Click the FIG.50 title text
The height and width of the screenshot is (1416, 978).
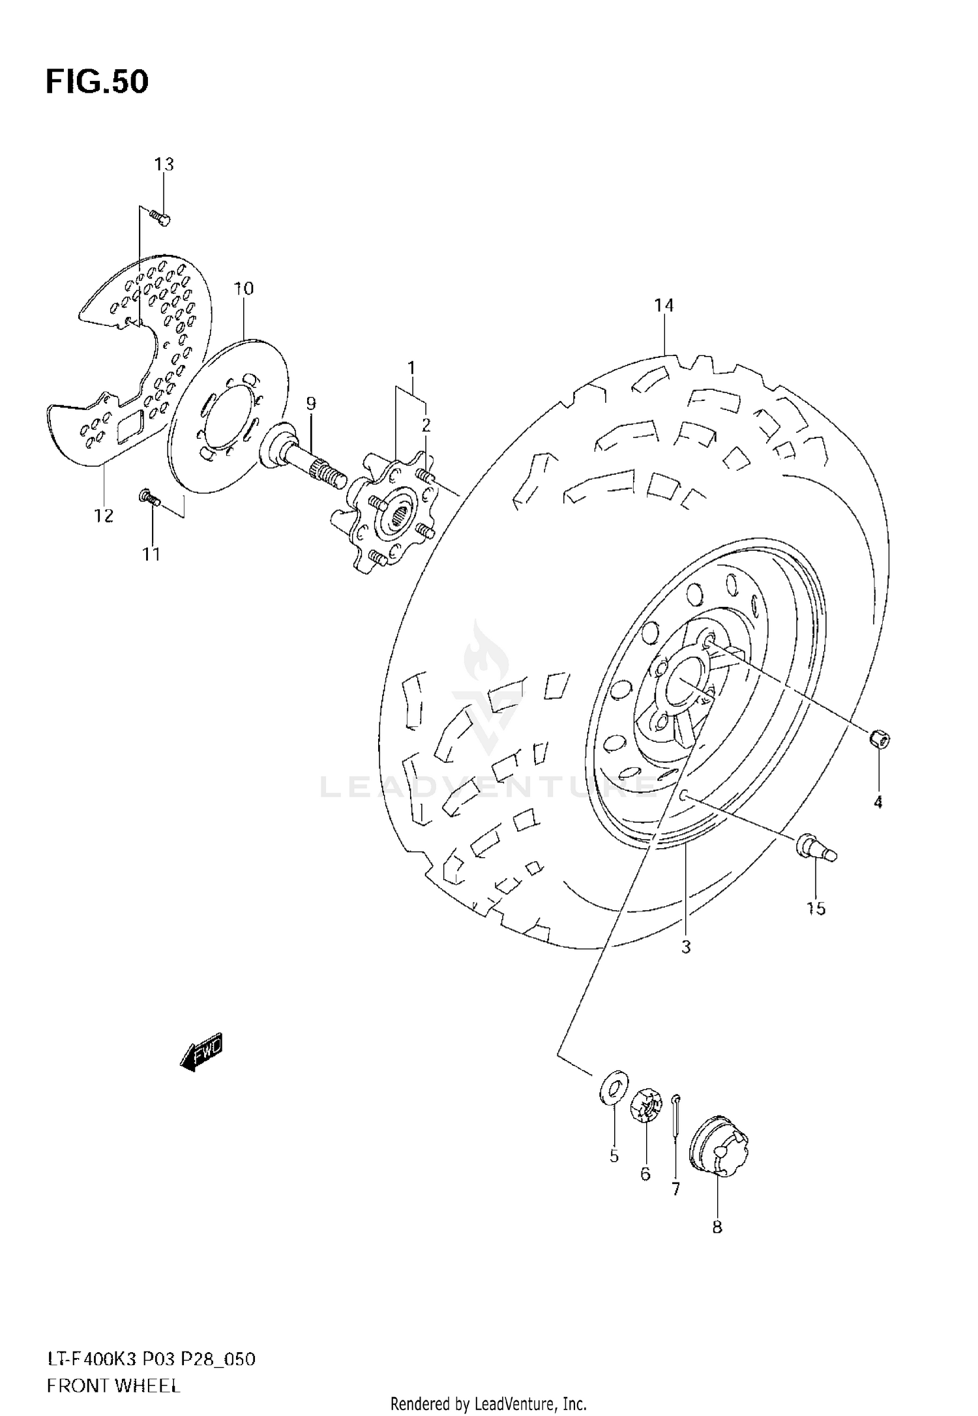97,82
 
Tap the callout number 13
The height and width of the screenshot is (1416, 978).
164,164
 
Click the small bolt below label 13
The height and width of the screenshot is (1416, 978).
160,217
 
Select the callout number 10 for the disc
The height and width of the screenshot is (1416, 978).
244,288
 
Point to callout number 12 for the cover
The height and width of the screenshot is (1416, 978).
104,516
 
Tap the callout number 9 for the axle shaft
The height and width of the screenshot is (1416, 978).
311,404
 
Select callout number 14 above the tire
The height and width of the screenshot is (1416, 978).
664,305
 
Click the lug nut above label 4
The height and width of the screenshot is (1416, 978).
880,739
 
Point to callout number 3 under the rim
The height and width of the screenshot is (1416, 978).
686,947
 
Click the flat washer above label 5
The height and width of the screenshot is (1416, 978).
614,1085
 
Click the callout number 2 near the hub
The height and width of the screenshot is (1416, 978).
426,425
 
